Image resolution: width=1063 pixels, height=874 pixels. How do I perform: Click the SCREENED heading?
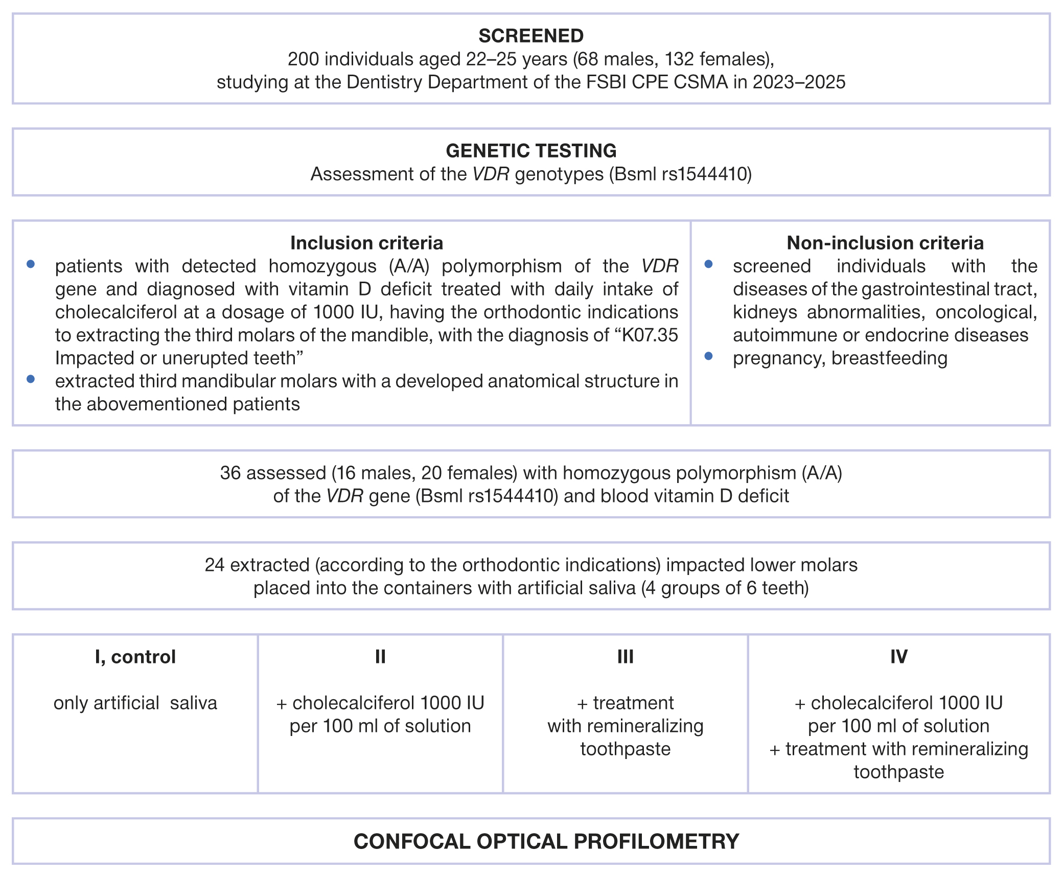(x=531, y=36)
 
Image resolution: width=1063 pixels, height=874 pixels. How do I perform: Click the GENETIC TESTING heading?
(x=531, y=151)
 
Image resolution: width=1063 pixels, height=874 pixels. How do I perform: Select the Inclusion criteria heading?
(x=366, y=243)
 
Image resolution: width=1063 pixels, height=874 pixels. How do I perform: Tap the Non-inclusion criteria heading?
(x=885, y=243)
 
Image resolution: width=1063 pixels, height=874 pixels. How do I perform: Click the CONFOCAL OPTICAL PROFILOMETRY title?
(x=546, y=841)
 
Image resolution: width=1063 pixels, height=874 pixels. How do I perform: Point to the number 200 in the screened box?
(x=303, y=59)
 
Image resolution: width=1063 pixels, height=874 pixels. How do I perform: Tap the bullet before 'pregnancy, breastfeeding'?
(x=708, y=356)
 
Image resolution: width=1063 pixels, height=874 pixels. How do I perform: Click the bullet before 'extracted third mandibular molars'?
(x=31, y=379)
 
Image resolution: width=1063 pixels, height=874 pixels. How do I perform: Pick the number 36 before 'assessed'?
(x=230, y=473)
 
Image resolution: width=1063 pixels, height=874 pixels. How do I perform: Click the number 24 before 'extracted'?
(x=215, y=565)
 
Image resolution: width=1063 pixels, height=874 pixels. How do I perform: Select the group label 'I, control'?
(x=135, y=657)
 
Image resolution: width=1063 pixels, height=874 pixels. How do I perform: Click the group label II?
(x=380, y=657)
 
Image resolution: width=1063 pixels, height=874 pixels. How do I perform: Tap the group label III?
(x=626, y=657)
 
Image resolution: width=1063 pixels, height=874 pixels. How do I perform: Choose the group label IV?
(x=899, y=657)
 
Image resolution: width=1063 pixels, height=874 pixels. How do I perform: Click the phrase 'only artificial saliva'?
(x=135, y=703)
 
